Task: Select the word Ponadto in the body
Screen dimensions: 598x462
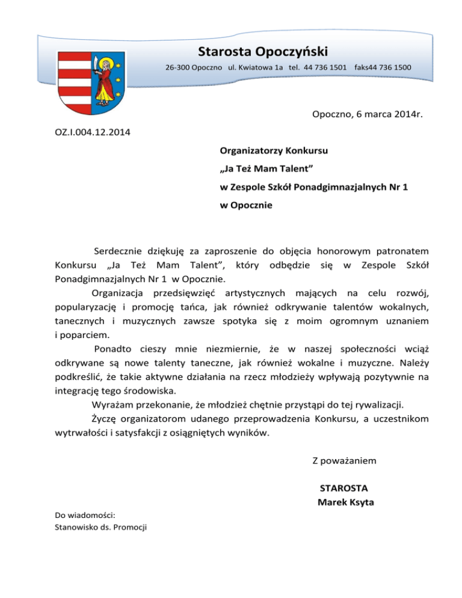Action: point(112,350)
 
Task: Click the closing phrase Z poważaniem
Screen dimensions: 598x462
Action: point(344,461)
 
